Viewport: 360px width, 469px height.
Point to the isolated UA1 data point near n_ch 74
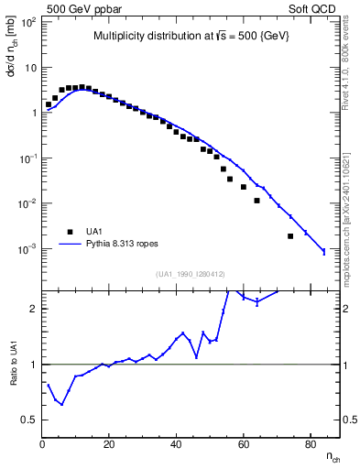(290, 236)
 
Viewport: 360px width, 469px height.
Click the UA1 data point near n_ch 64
(257, 201)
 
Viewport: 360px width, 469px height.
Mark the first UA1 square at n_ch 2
(49, 104)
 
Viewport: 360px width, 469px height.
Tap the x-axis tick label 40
(177, 446)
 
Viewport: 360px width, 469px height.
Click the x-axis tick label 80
(311, 446)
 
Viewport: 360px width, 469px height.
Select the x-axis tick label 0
(42, 446)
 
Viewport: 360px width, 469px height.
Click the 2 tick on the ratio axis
(33, 309)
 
